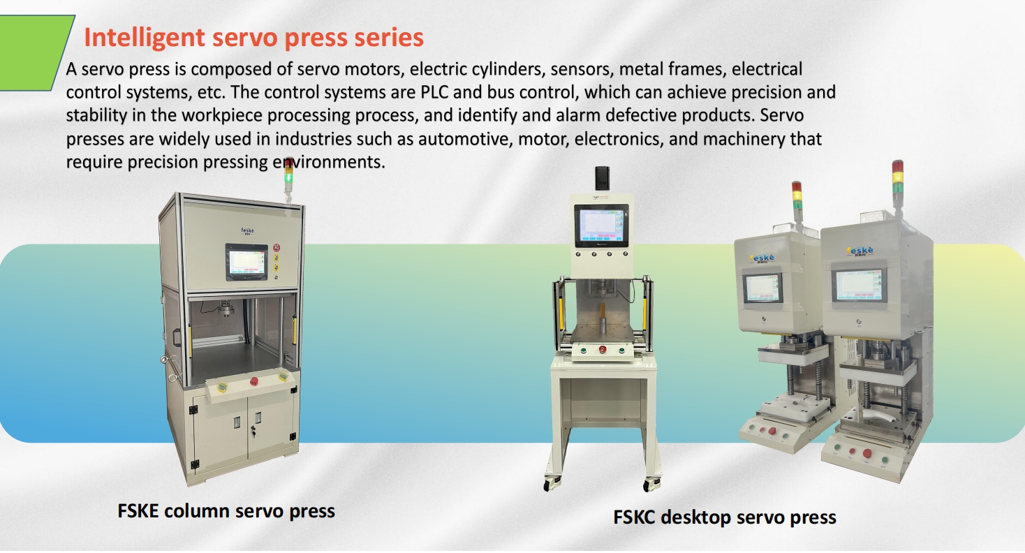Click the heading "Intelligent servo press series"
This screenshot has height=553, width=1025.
pyautogui.click(x=253, y=37)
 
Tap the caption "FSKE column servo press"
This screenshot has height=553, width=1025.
pyautogui.click(x=226, y=510)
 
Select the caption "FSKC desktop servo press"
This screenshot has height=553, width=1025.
pyautogui.click(x=725, y=517)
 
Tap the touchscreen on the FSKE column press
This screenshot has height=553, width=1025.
pyautogui.click(x=246, y=262)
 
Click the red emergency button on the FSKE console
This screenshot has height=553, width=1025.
pyautogui.click(x=253, y=381)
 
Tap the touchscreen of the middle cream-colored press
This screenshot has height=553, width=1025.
pyautogui.click(x=600, y=226)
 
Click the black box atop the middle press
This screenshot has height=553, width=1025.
pyautogui.click(x=603, y=178)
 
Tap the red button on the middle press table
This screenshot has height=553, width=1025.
pyautogui.click(x=601, y=349)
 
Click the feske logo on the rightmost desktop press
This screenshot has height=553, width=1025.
pyautogui.click(x=861, y=250)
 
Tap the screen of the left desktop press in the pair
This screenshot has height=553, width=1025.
pyautogui.click(x=762, y=287)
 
